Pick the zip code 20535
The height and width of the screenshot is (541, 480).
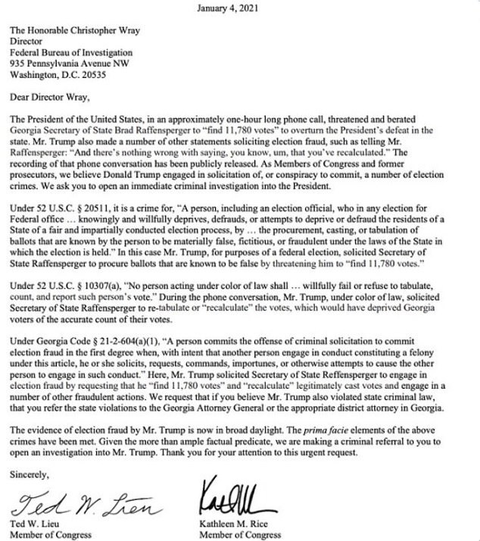coord(108,75)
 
